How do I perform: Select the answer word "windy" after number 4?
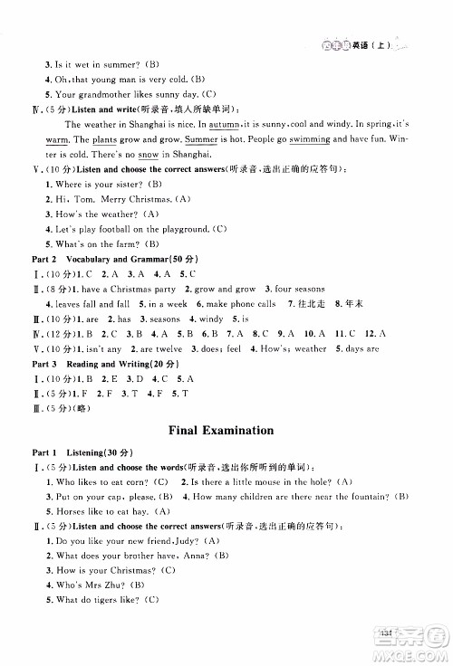click(210, 319)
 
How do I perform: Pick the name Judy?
click(178, 540)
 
